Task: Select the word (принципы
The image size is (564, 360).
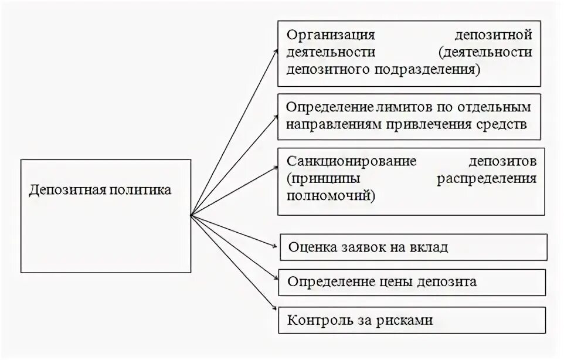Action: (320, 178)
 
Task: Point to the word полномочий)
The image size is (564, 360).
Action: (331, 195)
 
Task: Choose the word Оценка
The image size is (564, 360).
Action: (312, 247)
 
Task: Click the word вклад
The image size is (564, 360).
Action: (430, 247)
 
